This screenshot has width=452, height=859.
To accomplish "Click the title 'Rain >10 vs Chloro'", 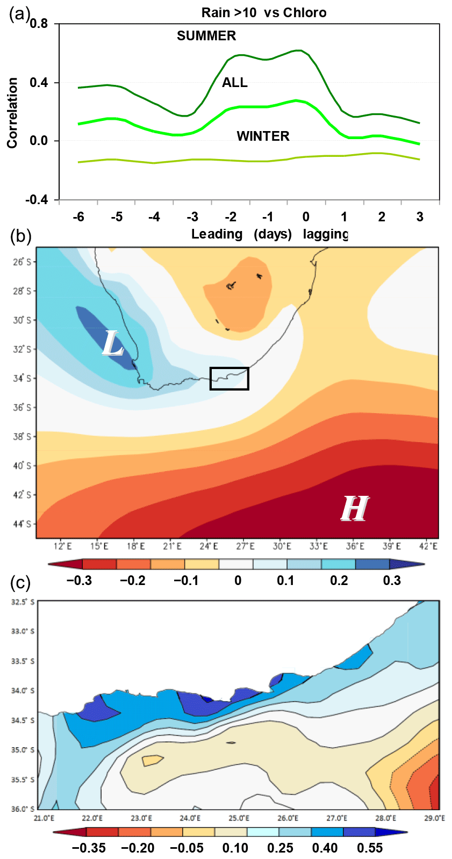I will [x=263, y=12].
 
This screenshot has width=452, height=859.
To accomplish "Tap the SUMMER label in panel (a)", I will [x=206, y=36].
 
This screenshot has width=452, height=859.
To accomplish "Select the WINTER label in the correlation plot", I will [x=263, y=136].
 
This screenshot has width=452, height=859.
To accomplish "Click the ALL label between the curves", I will [x=235, y=82].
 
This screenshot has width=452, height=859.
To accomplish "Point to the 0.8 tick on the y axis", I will [x=39, y=24].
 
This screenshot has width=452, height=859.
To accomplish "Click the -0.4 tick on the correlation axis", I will [x=37, y=200].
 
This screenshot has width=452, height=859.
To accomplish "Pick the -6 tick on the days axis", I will [x=78, y=217].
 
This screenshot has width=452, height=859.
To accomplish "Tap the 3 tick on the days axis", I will [x=420, y=217].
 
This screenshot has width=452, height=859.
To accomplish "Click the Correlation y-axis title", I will [x=12, y=113].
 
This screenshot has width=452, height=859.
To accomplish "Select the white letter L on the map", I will [x=113, y=344].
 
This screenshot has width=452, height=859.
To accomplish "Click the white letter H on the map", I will [x=354, y=508].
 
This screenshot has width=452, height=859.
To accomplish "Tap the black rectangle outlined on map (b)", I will [x=229, y=378].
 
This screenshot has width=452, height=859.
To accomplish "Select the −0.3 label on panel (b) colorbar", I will [x=78, y=581].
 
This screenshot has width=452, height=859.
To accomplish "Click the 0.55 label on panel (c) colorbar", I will [x=370, y=848].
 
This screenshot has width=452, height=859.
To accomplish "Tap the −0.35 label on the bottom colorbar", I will [x=89, y=848].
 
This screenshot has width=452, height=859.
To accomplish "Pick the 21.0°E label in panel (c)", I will [x=44, y=818].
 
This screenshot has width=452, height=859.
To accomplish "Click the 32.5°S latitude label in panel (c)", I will [x=23, y=602].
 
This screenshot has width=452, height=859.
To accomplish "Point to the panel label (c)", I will [x=19, y=583].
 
